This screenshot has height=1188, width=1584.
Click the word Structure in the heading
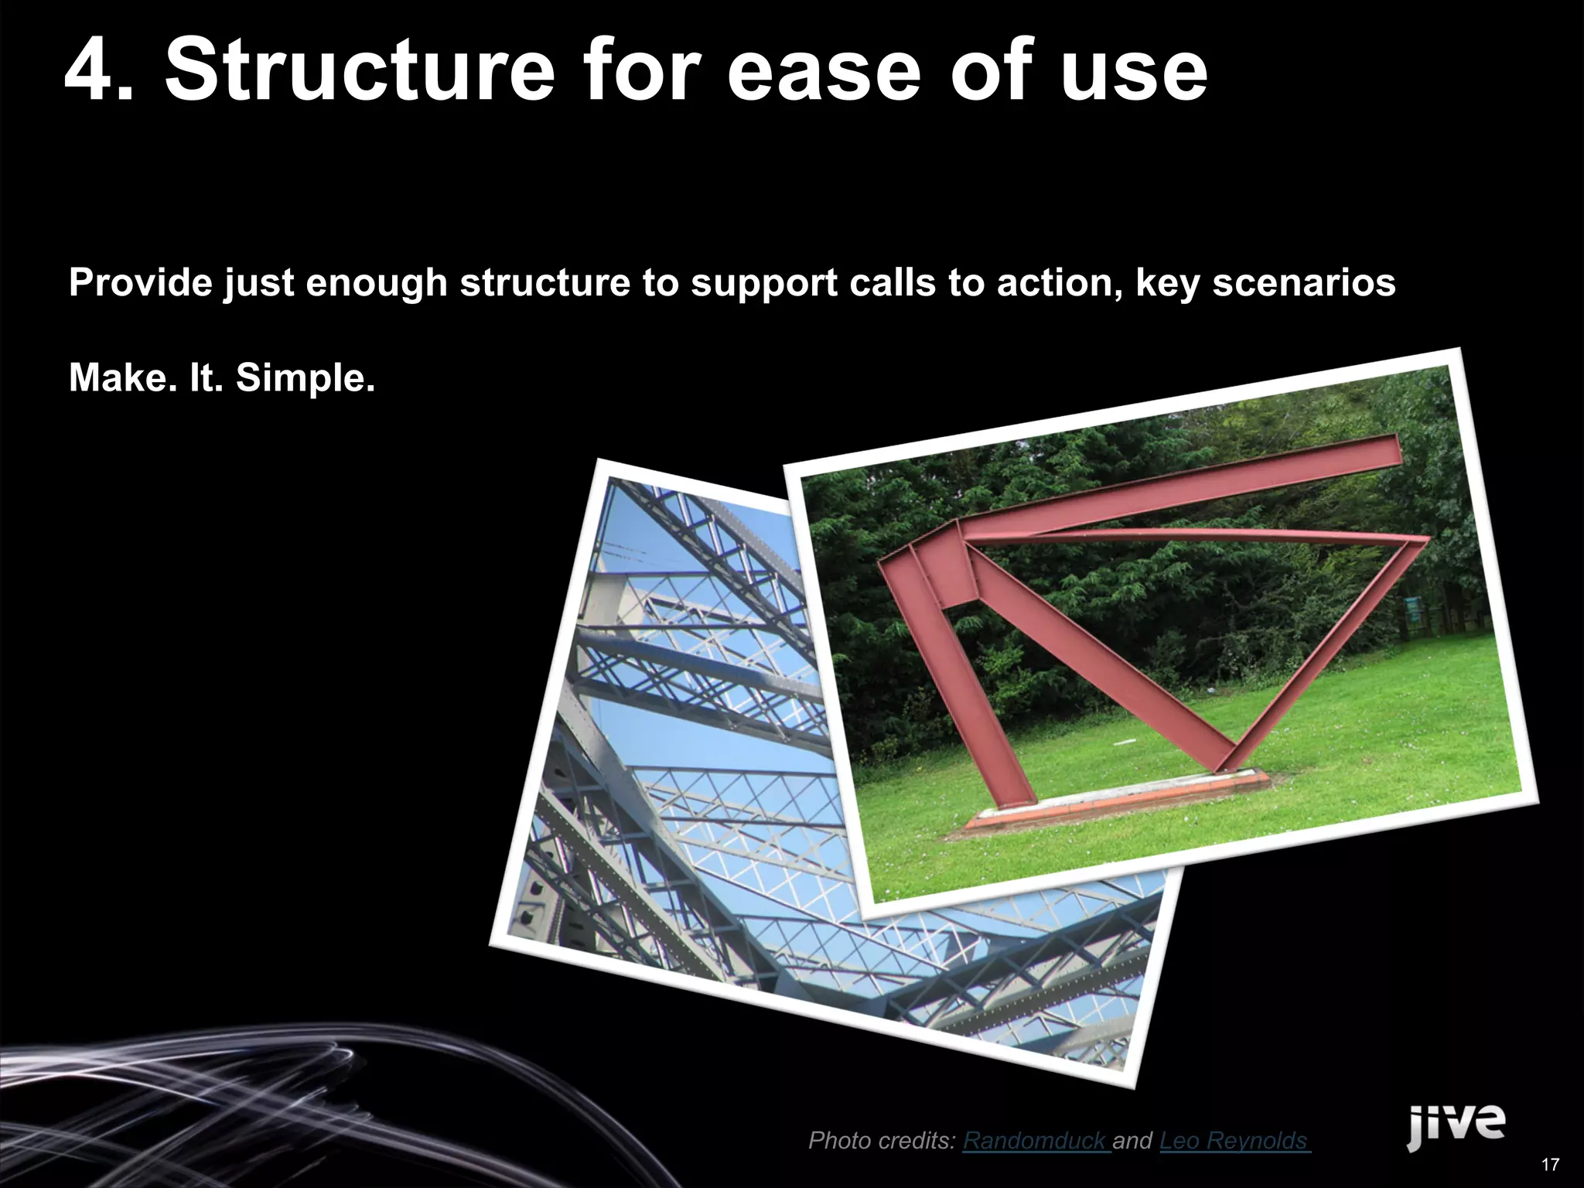pyautogui.click(x=359, y=71)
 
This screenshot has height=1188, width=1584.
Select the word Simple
pyautogui.click(x=305, y=379)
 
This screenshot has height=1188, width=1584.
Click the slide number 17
pyautogui.click(x=1549, y=1165)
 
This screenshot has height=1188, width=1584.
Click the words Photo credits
pyautogui.click(x=881, y=1140)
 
